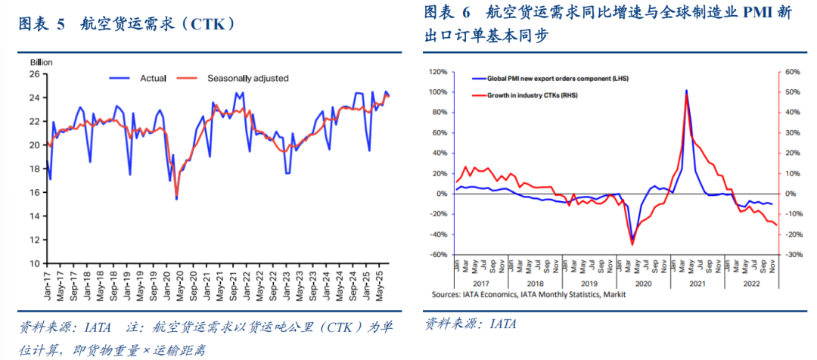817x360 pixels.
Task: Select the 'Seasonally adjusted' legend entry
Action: click(247, 78)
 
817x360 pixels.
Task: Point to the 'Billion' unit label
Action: click(41, 62)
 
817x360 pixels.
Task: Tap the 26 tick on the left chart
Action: click(34, 74)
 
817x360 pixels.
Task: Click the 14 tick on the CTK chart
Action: click(34, 216)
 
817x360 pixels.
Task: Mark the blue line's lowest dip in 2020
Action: click(176, 198)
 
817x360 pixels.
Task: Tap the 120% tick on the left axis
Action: click(439, 72)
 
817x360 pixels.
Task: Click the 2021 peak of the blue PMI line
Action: click(686, 91)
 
